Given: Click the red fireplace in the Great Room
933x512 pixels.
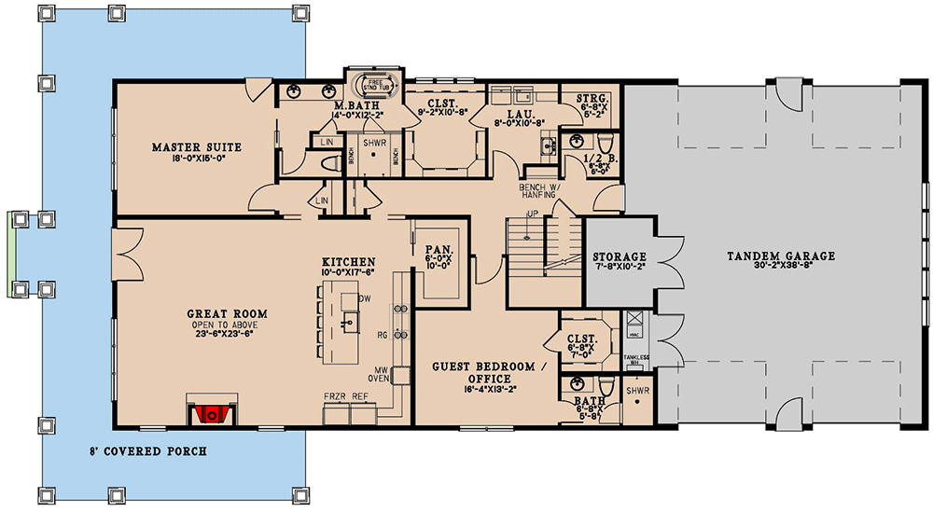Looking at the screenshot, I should coord(212,412).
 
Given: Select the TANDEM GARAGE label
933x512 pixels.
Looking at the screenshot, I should coord(781,256).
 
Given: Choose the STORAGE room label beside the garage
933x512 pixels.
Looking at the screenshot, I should coord(620,256).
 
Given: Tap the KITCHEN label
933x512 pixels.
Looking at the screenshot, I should coord(349,262).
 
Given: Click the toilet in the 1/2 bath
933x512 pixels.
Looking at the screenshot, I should coord(605,144).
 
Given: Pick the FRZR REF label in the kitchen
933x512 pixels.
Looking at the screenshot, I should coord(346,396).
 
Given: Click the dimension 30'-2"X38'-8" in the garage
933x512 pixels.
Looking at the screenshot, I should coord(781,267).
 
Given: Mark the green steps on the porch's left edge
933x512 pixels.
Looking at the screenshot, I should coord(14,244).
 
